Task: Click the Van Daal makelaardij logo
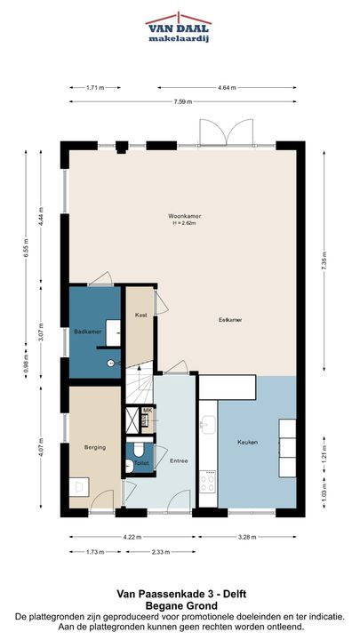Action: click(179, 28)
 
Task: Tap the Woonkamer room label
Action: click(185, 216)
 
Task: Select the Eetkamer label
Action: click(230, 320)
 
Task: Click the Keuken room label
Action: click(248, 442)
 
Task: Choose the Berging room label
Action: click(95, 447)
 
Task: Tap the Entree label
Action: click(179, 460)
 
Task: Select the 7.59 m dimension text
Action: click(182, 102)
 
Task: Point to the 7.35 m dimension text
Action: click(324, 260)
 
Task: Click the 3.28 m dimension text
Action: click(248, 537)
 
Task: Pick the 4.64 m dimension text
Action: click(227, 87)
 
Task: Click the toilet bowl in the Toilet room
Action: click(139, 449)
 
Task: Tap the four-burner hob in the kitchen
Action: click(208, 483)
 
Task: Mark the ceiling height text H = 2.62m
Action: click(185, 223)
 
